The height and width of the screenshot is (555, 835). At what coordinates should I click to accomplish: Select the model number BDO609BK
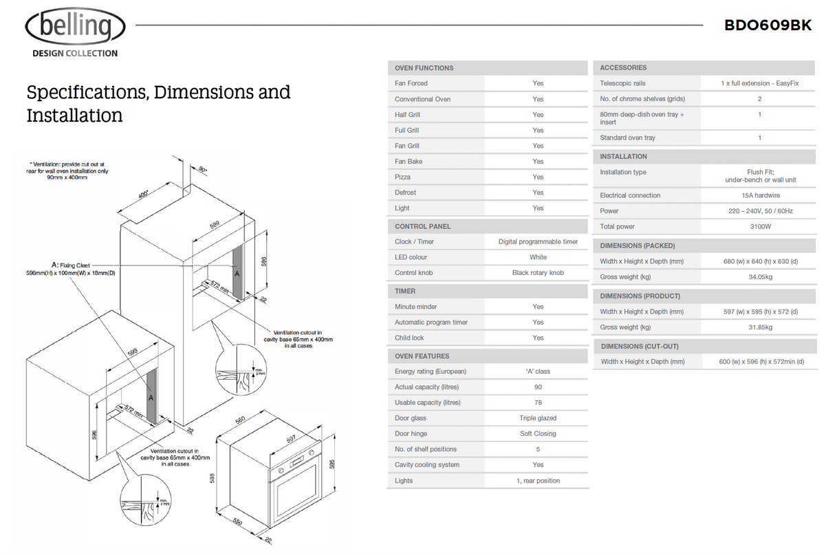click(x=768, y=25)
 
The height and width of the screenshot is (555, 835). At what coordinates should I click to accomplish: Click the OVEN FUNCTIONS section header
click(x=424, y=68)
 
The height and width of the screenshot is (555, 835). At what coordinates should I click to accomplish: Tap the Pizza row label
click(x=402, y=177)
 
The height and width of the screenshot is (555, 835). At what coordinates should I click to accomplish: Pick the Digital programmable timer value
click(x=538, y=241)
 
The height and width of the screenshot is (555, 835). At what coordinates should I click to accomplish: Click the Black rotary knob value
click(x=538, y=273)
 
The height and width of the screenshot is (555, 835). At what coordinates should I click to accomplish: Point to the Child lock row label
click(x=409, y=338)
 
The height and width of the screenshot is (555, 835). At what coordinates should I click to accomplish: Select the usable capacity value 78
click(x=538, y=402)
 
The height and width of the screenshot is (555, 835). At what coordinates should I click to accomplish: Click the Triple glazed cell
click(x=538, y=418)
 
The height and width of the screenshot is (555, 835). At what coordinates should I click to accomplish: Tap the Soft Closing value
click(x=538, y=434)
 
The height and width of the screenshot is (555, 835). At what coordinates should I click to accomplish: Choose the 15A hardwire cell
click(x=759, y=195)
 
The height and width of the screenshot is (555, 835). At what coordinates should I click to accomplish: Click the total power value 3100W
click(x=759, y=226)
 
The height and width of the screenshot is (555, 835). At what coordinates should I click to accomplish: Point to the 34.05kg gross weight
click(x=759, y=277)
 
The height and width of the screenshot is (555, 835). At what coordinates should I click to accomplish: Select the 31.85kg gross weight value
click(x=759, y=327)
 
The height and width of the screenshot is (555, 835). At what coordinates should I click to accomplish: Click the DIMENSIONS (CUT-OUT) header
click(x=639, y=347)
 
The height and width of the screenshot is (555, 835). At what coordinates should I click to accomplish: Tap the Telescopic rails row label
click(x=622, y=83)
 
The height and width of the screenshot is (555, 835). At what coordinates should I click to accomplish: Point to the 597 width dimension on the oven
click(x=290, y=437)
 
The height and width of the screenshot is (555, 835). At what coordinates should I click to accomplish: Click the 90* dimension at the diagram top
click(x=203, y=170)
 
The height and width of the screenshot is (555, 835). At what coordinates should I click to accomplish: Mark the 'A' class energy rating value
click(x=538, y=371)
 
